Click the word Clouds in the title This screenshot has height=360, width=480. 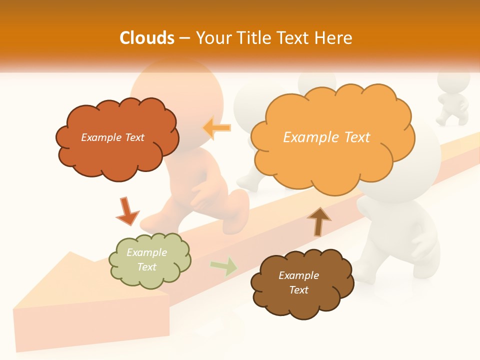point(147,38)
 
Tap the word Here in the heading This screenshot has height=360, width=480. point(335,38)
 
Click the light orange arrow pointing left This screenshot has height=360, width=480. point(216,128)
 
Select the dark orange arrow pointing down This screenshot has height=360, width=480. point(126,211)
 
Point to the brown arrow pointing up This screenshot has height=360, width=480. point(318,220)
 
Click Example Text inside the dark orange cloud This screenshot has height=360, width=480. point(112,137)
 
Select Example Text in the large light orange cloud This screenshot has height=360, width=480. point(326,137)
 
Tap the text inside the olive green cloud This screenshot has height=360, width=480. point(146,259)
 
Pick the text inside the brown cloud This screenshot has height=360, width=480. point(298,282)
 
